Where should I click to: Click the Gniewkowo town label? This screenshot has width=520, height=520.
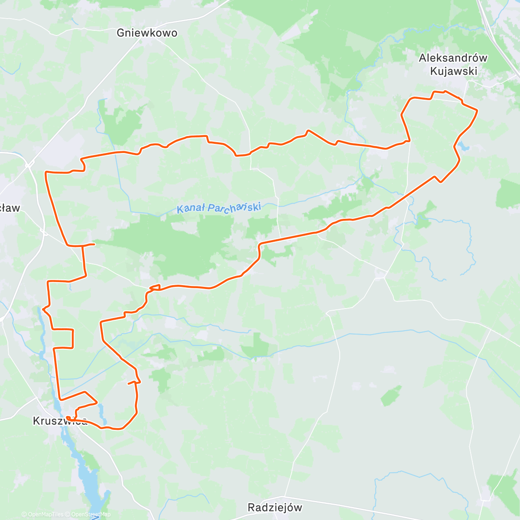147,33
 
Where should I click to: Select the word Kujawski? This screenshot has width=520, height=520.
454,71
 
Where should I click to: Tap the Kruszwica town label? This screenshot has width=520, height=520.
60,421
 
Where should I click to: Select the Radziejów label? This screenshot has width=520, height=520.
275,507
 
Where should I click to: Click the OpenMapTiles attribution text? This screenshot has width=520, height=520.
42,515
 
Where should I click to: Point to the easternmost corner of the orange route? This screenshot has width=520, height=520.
477,110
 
